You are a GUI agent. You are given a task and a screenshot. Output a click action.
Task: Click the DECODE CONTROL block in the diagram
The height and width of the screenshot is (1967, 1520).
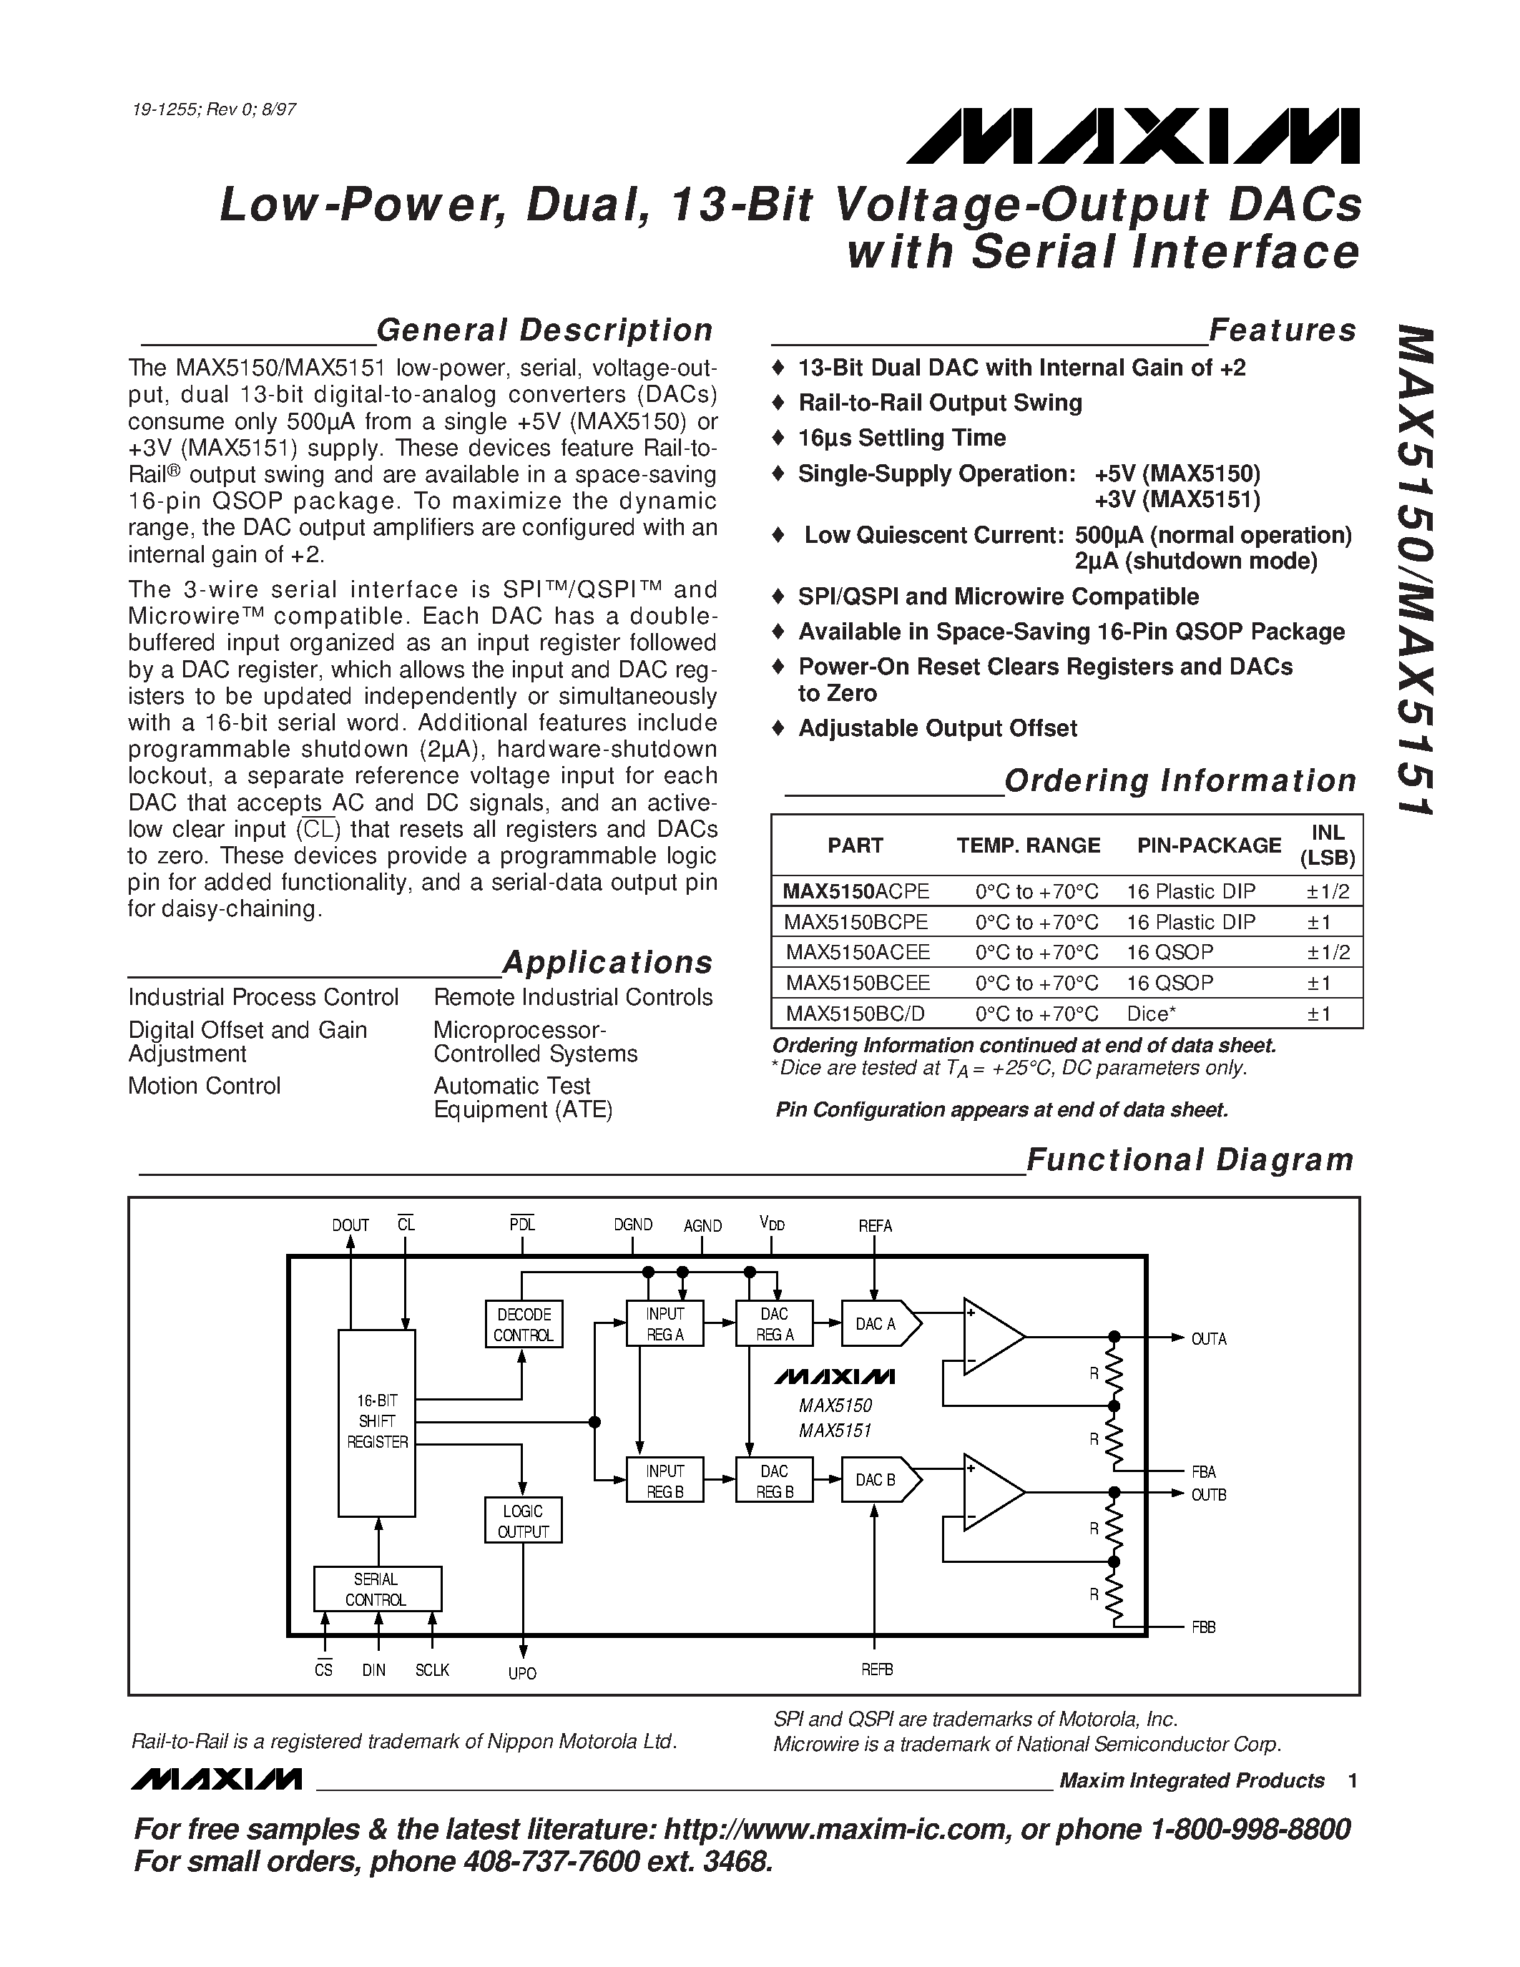[523, 1324]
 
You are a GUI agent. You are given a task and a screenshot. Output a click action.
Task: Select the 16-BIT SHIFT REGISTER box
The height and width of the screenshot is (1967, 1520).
[376, 1422]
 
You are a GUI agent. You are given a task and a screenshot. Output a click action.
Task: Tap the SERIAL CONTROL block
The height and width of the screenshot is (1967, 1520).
[377, 1589]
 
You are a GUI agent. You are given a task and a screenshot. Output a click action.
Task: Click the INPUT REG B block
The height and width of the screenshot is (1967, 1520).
[665, 1481]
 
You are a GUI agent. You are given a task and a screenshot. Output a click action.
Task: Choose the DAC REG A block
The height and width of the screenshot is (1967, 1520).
[775, 1324]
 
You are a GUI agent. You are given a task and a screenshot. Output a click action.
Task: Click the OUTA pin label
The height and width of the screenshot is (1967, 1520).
[1208, 1339]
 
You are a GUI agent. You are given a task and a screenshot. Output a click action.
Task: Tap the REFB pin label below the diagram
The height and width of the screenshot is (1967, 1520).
[876, 1669]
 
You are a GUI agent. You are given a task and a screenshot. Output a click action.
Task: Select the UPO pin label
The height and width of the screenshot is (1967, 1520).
[522, 1674]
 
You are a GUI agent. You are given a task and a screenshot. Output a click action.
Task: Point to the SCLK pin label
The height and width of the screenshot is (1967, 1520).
[432, 1669]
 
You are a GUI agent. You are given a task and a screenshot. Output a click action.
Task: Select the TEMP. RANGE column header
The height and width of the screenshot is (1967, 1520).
[1029, 845]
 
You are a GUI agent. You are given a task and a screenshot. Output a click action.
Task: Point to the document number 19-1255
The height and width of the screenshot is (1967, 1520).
[165, 111]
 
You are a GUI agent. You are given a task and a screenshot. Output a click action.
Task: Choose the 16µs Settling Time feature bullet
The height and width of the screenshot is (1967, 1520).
[901, 438]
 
